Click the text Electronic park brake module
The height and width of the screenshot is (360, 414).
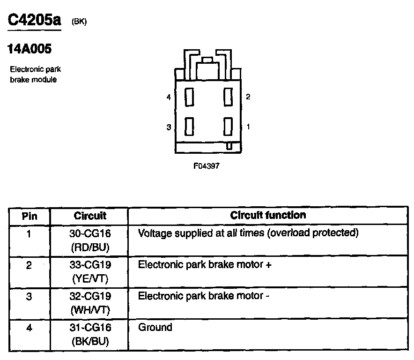(36, 75)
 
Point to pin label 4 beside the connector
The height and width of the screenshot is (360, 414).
(168, 97)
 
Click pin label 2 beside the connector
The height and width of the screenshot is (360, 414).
(248, 97)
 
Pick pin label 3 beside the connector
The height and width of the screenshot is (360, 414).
(168, 127)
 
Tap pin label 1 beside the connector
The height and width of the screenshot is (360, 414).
(248, 127)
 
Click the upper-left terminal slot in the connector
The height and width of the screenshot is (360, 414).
(190, 97)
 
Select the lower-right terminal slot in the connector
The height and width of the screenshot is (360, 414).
(228, 127)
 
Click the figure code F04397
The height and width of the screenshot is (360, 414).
(207, 165)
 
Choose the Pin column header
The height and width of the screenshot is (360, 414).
(30, 216)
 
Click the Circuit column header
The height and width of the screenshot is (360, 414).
(90, 216)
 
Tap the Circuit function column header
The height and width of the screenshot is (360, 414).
(268, 215)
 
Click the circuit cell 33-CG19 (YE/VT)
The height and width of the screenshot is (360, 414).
(90, 271)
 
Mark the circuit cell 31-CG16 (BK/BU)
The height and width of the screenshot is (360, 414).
(90, 334)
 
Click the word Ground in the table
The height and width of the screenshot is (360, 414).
(155, 327)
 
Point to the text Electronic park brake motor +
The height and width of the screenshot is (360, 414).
(205, 264)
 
